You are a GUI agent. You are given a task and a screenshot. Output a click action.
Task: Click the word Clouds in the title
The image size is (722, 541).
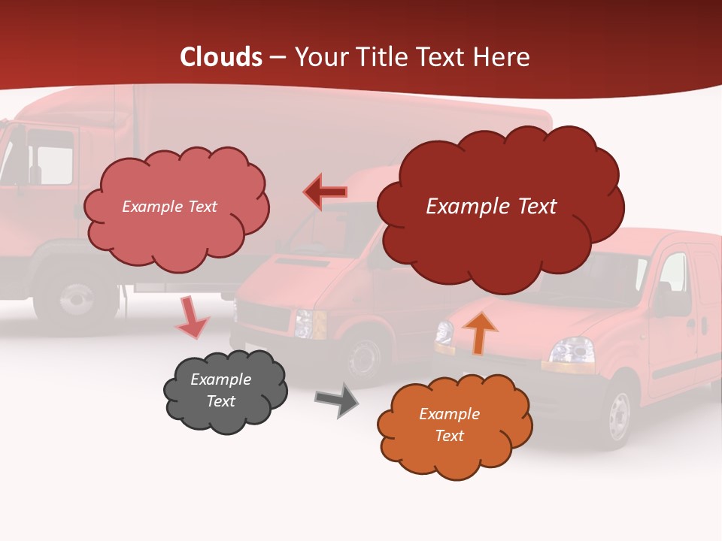coord(221,57)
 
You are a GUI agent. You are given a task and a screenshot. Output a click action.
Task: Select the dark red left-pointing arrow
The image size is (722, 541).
coord(325,192)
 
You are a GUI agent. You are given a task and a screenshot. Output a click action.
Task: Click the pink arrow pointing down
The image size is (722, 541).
coord(191,318)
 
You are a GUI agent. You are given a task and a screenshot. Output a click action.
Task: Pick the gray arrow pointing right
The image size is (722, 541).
coord(337,400)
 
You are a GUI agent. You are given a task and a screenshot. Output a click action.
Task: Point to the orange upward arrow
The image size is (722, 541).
coord(479,332)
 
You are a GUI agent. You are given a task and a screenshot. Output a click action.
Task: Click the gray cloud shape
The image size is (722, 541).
coord(225,391)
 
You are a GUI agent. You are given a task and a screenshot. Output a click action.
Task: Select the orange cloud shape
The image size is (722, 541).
coord(454,425)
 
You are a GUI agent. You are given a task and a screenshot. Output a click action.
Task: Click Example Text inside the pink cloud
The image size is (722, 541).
coord(169,207)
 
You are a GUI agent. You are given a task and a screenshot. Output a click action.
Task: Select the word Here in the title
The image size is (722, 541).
coord(503,57)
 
